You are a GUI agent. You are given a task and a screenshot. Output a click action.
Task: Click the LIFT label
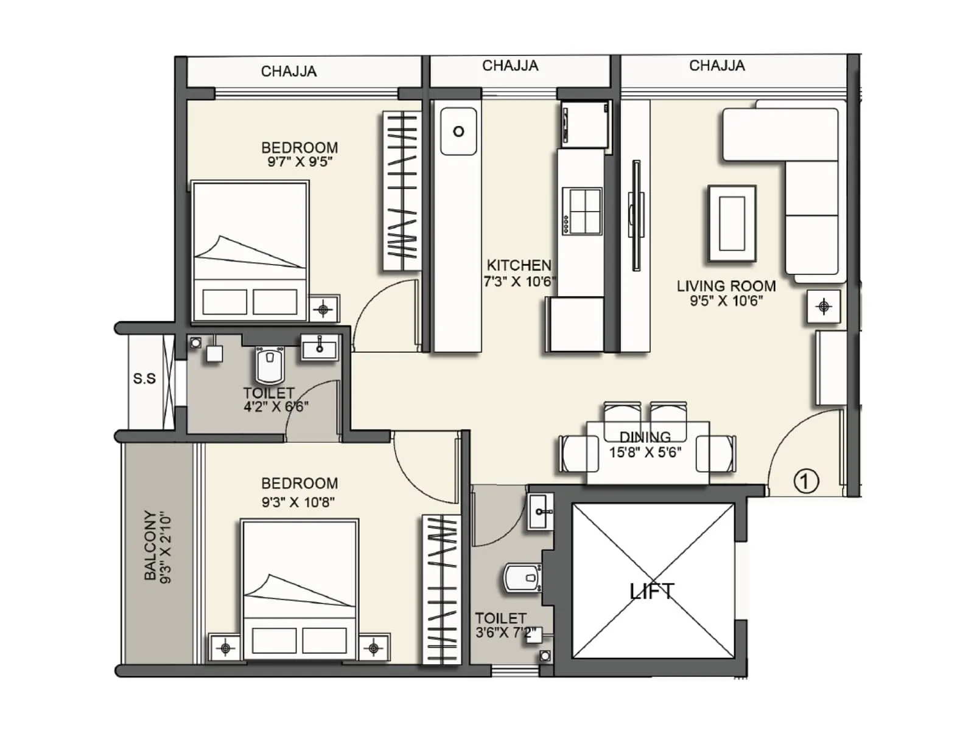(x=651, y=591)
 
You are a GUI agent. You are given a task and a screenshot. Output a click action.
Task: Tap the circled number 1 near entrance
(x=806, y=481)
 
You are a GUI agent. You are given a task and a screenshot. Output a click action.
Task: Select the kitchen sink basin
(x=458, y=131)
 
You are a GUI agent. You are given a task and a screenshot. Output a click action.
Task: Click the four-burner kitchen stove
(x=581, y=211)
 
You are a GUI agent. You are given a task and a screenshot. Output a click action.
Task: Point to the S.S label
(x=144, y=378)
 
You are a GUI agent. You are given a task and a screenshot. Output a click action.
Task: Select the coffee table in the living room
(x=732, y=223)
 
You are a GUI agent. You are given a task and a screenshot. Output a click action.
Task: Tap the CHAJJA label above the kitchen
(x=510, y=66)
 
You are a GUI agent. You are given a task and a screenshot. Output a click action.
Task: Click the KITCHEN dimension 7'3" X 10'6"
(x=519, y=282)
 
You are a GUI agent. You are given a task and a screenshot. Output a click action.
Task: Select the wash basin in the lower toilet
(x=541, y=511)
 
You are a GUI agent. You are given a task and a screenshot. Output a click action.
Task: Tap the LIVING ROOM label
(x=726, y=286)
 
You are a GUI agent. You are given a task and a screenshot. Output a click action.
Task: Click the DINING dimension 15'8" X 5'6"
(x=645, y=452)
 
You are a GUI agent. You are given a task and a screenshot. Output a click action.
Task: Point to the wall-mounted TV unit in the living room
(x=636, y=216)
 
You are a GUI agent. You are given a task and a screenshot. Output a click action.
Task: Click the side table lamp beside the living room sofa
(x=824, y=307)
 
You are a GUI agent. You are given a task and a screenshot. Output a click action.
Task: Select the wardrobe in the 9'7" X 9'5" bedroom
(x=401, y=191)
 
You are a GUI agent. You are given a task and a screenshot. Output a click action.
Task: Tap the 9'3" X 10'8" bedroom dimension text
(x=298, y=502)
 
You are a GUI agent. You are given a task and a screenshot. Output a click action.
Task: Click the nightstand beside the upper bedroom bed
(x=324, y=309)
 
